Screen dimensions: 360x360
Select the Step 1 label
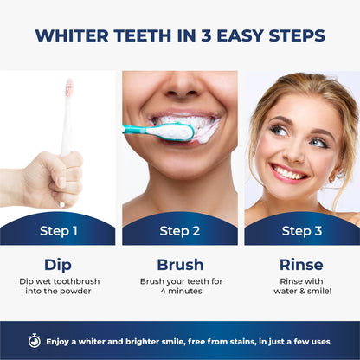coord(59,231)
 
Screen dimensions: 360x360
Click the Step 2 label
coord(180,231)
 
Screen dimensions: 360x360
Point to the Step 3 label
coord(301,231)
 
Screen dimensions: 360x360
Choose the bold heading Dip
coord(59,265)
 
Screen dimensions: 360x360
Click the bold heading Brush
coord(180,265)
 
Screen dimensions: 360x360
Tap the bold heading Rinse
coord(301,265)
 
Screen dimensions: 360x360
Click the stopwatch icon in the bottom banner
coord(34,340)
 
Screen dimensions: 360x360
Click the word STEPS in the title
coord(295,35)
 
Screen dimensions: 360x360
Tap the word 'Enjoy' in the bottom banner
coord(61,340)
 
